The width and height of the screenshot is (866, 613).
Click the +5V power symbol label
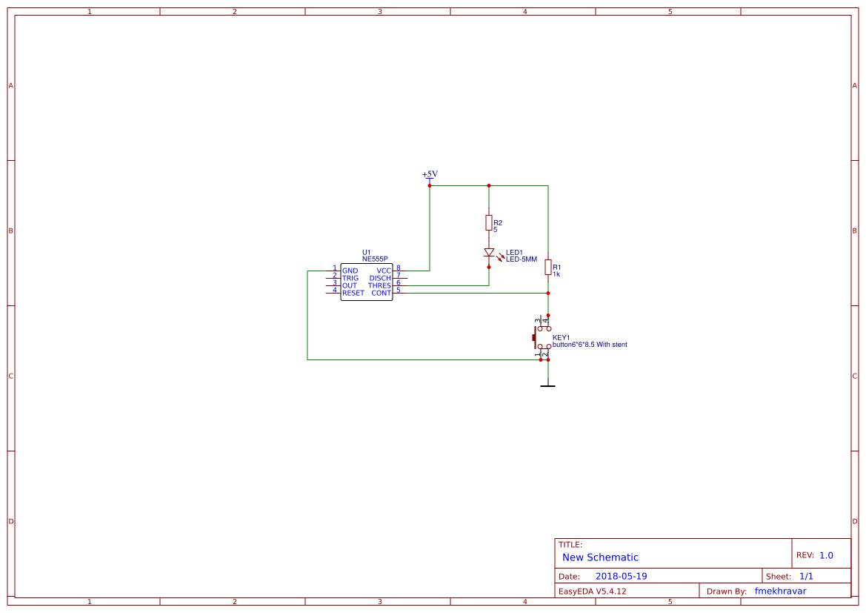[x=430, y=174]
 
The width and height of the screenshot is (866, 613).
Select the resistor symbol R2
[x=489, y=222]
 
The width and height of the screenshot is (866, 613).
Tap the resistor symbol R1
[x=548, y=268]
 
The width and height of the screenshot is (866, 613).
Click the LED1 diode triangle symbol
[x=489, y=253]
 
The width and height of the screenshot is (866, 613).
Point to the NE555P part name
[x=375, y=259]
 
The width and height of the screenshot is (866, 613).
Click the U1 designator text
[x=366, y=252]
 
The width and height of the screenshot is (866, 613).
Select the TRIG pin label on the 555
[x=350, y=279]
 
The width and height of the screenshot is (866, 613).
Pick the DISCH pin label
[x=380, y=279]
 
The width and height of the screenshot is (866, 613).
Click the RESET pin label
[x=353, y=294]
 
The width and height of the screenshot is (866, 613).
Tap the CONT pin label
[x=382, y=294]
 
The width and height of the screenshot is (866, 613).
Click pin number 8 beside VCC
[x=399, y=268]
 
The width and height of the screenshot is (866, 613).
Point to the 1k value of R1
[x=556, y=274]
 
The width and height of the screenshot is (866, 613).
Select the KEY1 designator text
[x=561, y=338]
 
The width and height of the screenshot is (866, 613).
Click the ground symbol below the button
[x=548, y=385]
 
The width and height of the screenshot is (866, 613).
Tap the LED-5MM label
[x=522, y=259]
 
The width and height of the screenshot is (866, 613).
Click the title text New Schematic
[x=600, y=557]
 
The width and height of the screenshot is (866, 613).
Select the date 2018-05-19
[x=621, y=577]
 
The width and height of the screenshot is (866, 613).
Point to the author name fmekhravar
[x=780, y=592]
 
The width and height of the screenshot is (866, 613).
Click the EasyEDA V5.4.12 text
[x=592, y=592]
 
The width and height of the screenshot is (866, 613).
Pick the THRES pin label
[x=379, y=286]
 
